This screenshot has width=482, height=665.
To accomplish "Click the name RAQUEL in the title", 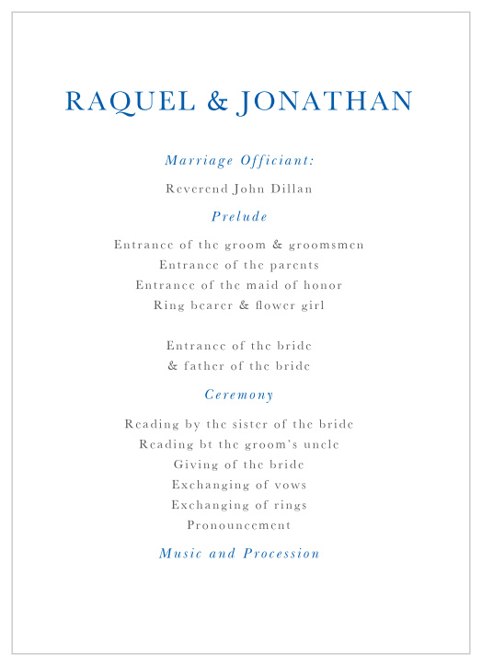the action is (x=131, y=102).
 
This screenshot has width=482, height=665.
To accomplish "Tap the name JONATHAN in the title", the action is (x=325, y=102).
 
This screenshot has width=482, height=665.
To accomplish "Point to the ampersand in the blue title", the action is (x=218, y=102).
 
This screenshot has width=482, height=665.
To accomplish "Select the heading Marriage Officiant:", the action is (x=239, y=161).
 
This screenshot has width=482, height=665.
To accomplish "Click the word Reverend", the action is (x=197, y=189).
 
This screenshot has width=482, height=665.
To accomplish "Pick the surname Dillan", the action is (x=292, y=189).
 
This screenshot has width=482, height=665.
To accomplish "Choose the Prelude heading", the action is (x=239, y=217).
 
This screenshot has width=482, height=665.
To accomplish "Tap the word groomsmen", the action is (x=327, y=246).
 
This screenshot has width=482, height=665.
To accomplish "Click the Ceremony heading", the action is (x=239, y=395).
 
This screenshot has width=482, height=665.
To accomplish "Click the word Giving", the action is (x=195, y=465).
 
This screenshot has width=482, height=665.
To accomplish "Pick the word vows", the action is (x=289, y=486).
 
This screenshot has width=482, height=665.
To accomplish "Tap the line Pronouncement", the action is (x=239, y=526).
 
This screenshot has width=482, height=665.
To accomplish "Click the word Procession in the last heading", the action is (x=281, y=554).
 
